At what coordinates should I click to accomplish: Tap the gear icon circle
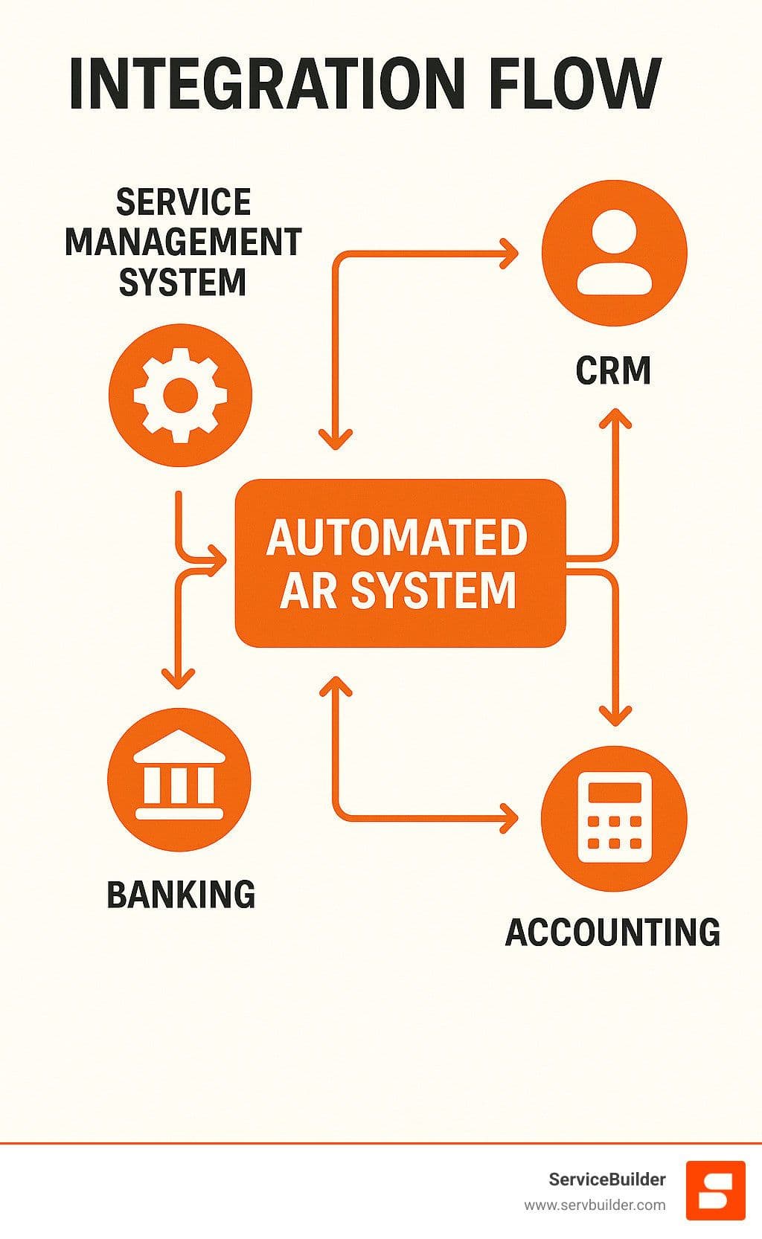click(x=180, y=394)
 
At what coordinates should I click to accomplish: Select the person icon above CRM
click(x=614, y=253)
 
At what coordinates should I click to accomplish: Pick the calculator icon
click(x=614, y=818)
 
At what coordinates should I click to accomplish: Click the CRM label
click(x=613, y=370)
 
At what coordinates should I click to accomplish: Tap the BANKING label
click(x=181, y=894)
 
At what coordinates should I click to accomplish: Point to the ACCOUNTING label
click(x=612, y=932)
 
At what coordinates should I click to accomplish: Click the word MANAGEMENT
click(x=183, y=242)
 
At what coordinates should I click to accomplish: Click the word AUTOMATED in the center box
click(x=397, y=538)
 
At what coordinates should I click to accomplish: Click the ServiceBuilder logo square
click(x=715, y=1190)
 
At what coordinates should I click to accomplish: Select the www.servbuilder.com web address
click(x=595, y=1205)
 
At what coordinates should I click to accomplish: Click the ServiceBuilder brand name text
click(x=606, y=1179)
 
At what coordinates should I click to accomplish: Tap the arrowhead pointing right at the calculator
click(x=510, y=818)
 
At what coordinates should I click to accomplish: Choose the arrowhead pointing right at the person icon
click(x=510, y=253)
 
